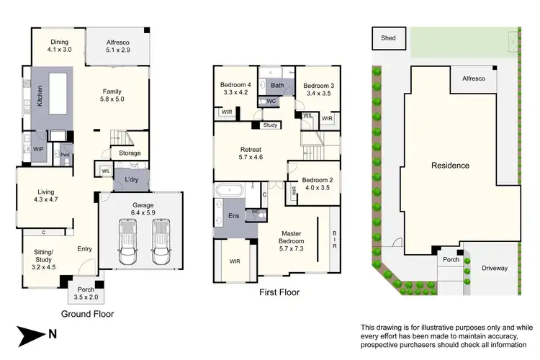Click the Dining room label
(59, 42)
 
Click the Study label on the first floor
(270, 125)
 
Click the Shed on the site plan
(388, 37)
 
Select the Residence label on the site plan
(450, 166)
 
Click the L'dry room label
(131, 179)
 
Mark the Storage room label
(130, 153)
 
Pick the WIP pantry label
(38, 149)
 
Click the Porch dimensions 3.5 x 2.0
(86, 296)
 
